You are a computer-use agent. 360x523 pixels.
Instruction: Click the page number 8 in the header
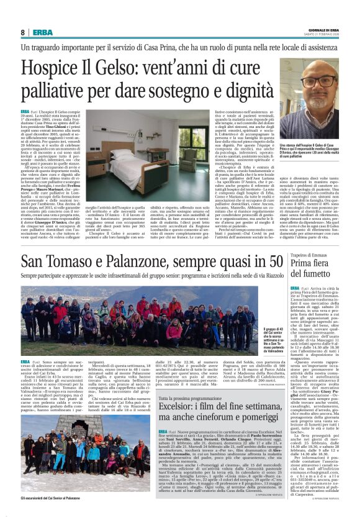pyautogui.click(x=23, y=32)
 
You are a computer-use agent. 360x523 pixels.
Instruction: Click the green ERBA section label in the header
pyautogui.click(x=43, y=32)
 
